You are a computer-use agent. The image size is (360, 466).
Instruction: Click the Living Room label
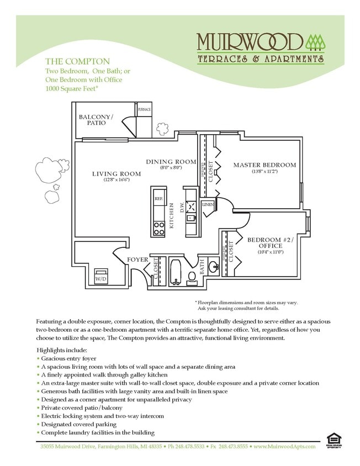(x=117, y=174)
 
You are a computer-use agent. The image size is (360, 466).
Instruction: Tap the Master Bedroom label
(x=264, y=165)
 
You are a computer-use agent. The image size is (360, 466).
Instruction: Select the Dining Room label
(x=171, y=162)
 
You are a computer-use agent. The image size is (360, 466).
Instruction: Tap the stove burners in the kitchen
(x=159, y=227)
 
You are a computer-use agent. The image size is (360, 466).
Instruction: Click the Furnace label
(x=144, y=110)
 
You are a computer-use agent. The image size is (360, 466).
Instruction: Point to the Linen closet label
(x=208, y=205)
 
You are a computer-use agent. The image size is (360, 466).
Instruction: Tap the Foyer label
(x=137, y=259)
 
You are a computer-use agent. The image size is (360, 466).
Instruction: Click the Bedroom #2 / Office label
(x=271, y=243)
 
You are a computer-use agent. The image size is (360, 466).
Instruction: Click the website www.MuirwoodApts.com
(x=284, y=446)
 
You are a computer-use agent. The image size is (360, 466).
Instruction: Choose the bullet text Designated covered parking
(x=78, y=424)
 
